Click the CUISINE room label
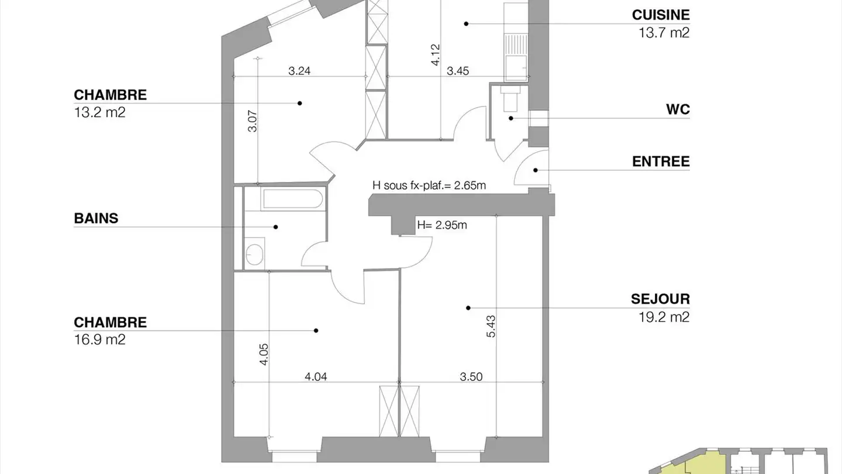tap(661, 15)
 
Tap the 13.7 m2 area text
tap(664, 33)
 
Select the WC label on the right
tap(678, 109)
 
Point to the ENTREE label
tap(661, 162)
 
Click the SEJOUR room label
tap(661, 299)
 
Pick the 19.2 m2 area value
tap(664, 317)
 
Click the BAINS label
tap(96, 218)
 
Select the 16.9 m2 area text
tap(99, 339)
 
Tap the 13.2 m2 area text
tap(99, 112)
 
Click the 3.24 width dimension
tap(299, 71)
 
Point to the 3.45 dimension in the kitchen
tap(458, 71)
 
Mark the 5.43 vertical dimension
tap(491, 326)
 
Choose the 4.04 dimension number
tap(316, 377)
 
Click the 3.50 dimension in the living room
tap(471, 377)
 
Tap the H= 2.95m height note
tap(442, 225)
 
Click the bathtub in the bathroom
tap(293, 198)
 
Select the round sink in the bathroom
tap(254, 255)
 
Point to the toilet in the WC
tap(510, 98)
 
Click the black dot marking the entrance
tap(536, 170)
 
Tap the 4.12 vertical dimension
tap(435, 55)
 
